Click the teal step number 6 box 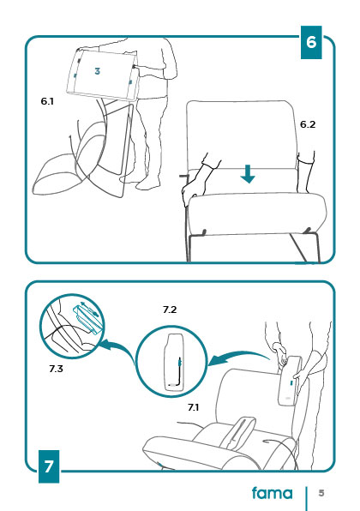click(311, 43)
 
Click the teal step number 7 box click(49, 466)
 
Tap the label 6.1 click(47, 101)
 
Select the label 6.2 click(308, 124)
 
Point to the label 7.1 click(193, 407)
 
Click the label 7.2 click(170, 310)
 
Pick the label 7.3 click(56, 369)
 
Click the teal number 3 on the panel click(97, 71)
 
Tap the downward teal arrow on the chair click(248, 174)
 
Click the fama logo click(273, 493)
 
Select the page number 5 click(321, 493)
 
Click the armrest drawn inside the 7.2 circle click(174, 362)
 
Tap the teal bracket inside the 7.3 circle click(88, 319)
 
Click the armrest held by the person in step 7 click(290, 381)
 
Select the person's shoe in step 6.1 click(148, 185)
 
